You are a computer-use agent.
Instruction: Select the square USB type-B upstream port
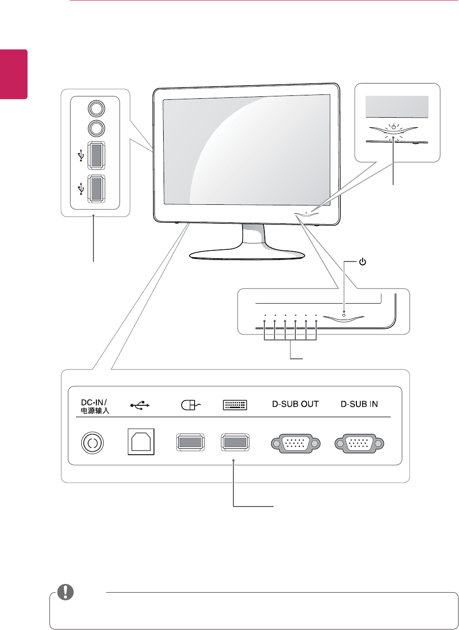(x=141, y=442)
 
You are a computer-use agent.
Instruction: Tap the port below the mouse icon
(x=190, y=442)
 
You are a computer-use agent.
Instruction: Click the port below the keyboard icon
(x=235, y=442)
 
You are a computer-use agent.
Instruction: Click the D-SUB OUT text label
(x=295, y=404)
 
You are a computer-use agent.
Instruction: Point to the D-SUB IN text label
(x=359, y=404)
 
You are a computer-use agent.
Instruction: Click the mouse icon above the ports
(x=190, y=404)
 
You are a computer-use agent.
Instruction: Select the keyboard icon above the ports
(x=235, y=404)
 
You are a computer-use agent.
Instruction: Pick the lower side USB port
(x=96, y=187)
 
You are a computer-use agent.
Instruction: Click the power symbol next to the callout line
(x=363, y=262)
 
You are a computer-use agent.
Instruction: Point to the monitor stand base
(x=246, y=254)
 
